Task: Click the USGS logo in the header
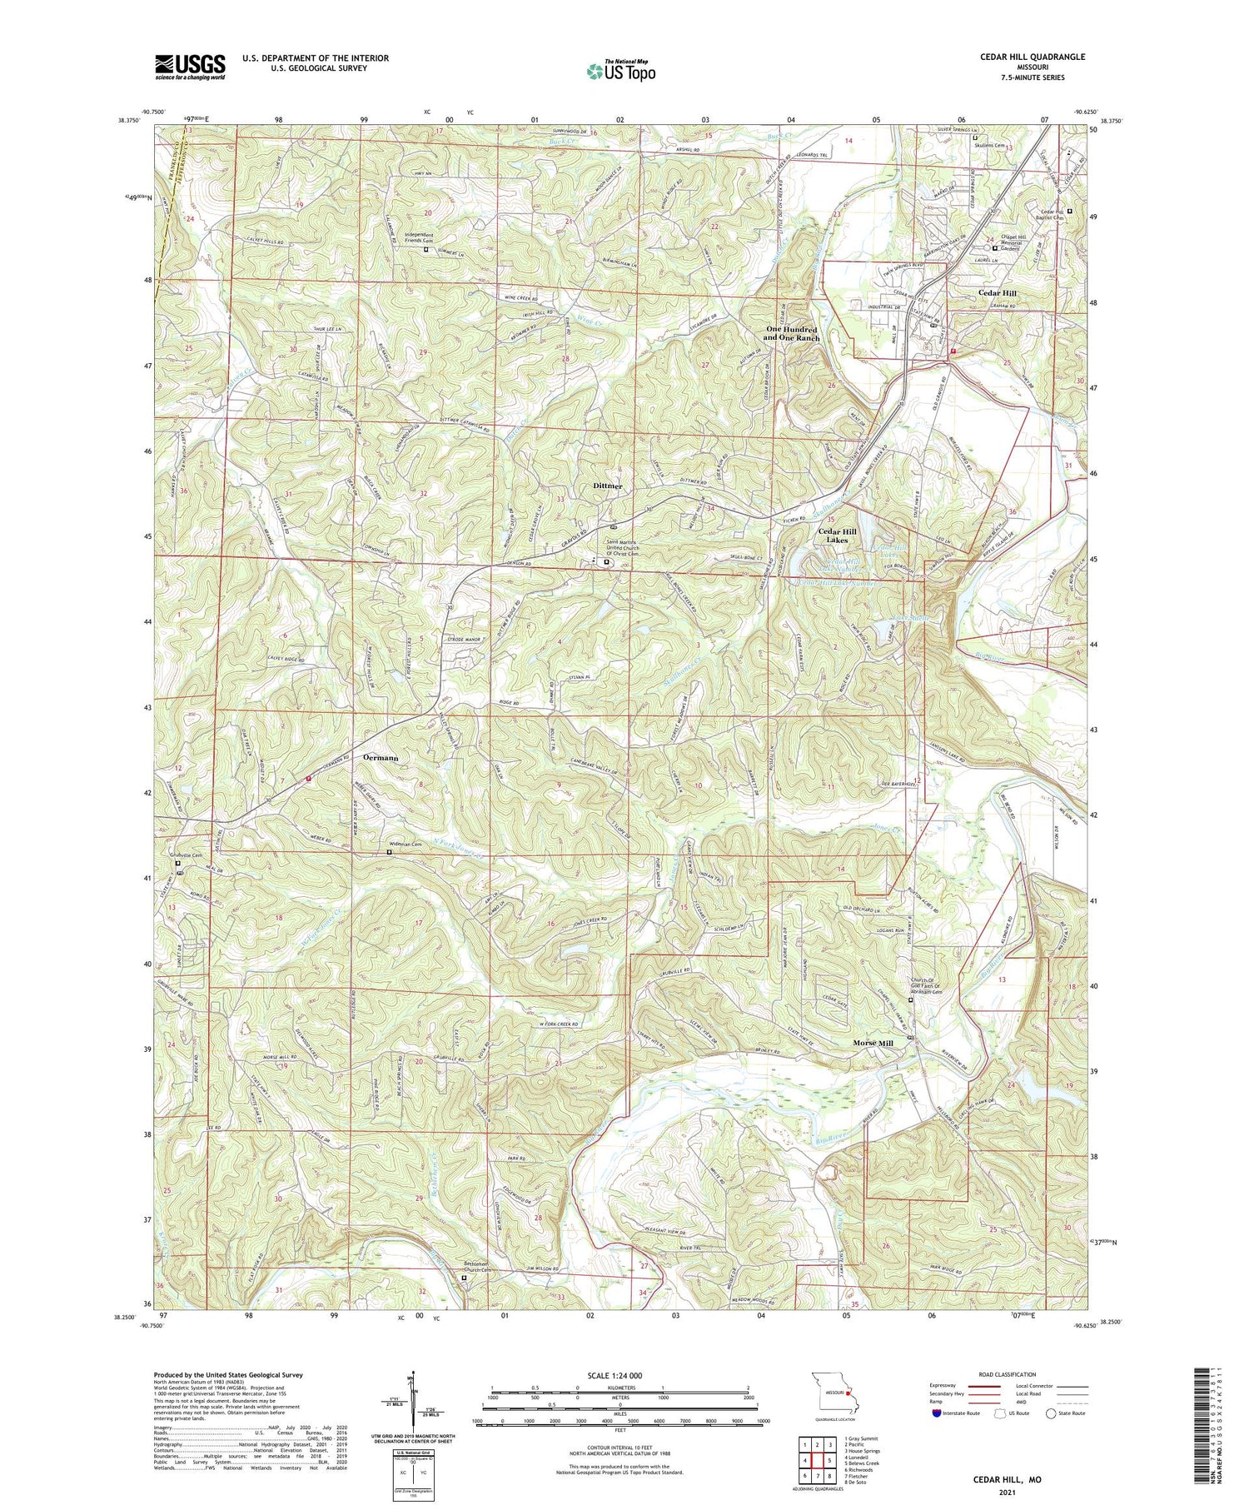(190, 67)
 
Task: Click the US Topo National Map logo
(620, 71)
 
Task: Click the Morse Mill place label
(873, 1043)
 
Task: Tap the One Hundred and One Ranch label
(793, 334)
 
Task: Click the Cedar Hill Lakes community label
(837, 536)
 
